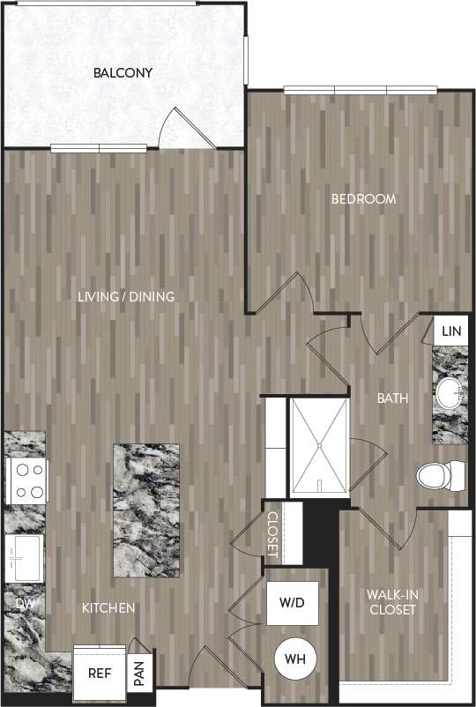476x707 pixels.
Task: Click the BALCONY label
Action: point(123,72)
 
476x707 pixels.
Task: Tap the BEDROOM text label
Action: point(363,199)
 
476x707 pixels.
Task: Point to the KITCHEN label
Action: point(108,608)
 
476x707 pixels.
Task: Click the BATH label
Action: point(392,398)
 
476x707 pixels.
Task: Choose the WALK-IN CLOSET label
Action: point(392,602)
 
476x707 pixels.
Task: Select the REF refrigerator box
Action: point(98,672)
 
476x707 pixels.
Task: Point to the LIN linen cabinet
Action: point(451,331)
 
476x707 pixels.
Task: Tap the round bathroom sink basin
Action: point(450,394)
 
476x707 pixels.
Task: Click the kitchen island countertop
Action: point(146,510)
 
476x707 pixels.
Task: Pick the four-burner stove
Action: point(26,480)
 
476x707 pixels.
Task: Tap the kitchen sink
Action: point(24,558)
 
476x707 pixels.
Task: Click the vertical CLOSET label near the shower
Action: point(272,534)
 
